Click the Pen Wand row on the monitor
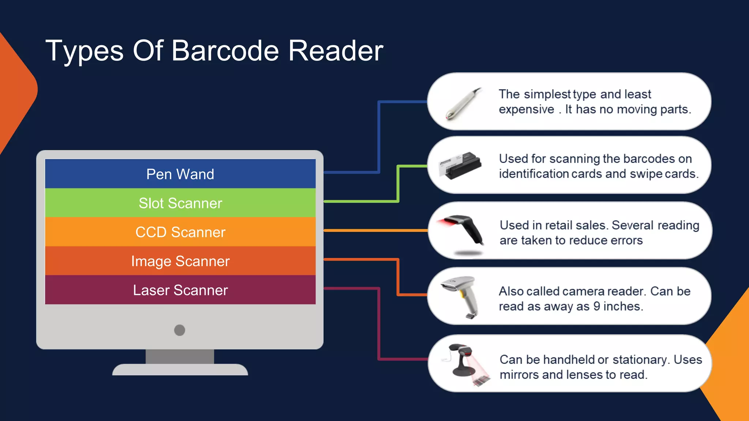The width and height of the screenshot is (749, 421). point(180,174)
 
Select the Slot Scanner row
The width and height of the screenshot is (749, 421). point(180,203)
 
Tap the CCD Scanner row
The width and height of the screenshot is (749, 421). point(180,232)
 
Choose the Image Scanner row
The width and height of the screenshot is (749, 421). point(180,261)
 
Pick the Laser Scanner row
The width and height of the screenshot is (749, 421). point(180,290)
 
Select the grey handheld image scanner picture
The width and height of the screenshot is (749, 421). point(462,296)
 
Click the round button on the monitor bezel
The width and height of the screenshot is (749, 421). point(180,330)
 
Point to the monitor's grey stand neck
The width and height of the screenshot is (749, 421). point(180,356)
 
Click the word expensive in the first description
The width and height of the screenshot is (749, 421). point(526,110)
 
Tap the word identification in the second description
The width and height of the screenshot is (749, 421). point(533,174)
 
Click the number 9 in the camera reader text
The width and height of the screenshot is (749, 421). point(596,306)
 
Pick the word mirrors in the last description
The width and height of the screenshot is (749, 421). point(519,375)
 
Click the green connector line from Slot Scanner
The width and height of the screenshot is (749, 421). point(398,183)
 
